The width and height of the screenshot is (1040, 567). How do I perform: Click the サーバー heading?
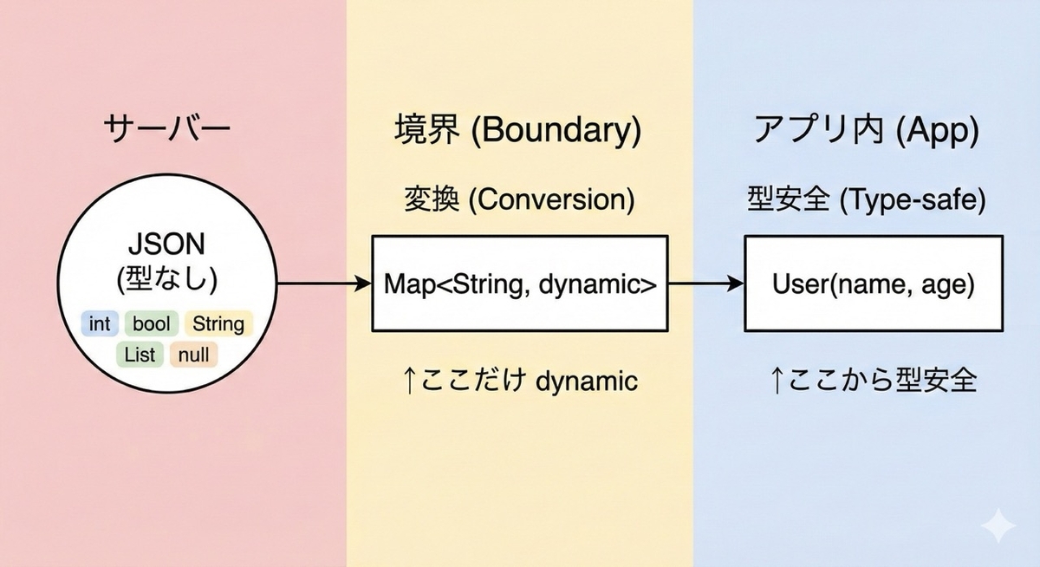pos(167,129)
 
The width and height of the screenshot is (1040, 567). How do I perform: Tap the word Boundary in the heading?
pos(556,130)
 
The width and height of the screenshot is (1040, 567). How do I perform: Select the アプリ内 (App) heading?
pos(866,130)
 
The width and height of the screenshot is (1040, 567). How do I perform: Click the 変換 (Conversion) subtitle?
pos(519,199)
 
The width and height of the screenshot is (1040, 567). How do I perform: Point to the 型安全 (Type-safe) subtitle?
pos(867,199)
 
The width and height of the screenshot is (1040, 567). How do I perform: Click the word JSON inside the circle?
pos(166,244)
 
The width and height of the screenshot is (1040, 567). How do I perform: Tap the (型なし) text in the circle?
pos(167,279)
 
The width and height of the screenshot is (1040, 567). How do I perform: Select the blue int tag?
pos(100,323)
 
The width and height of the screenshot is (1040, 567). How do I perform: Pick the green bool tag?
pos(152,323)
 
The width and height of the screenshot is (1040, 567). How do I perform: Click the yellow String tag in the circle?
pos(218,323)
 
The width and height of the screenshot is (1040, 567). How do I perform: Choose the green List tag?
pos(140,355)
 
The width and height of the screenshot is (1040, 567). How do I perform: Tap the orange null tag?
pos(193,355)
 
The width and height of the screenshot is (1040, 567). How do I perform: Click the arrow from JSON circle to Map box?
pos(324,283)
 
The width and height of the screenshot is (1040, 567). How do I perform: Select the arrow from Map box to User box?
pos(706,283)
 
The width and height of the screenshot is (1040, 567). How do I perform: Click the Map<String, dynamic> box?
pos(520,283)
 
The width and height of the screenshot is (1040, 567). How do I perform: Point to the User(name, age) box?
pos(874,283)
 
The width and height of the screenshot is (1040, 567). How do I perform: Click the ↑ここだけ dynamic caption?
pos(520,381)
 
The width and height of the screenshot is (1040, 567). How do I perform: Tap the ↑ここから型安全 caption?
pos(873,381)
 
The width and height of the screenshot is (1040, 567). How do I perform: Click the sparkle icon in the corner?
pos(998,525)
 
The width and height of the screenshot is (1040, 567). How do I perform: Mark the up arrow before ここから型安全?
pos(777,381)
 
